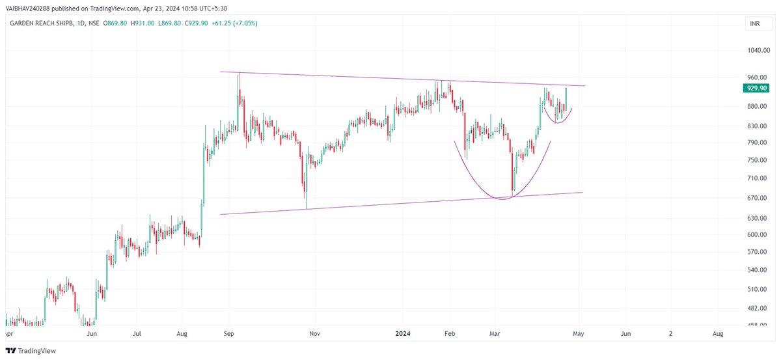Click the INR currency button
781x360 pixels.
click(x=754, y=24)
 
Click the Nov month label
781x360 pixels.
click(x=315, y=333)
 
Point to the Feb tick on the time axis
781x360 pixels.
click(x=448, y=333)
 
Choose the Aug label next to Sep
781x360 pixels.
click(x=182, y=333)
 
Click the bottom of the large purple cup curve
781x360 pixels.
click(x=501, y=199)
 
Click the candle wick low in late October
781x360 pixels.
click(x=306, y=208)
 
